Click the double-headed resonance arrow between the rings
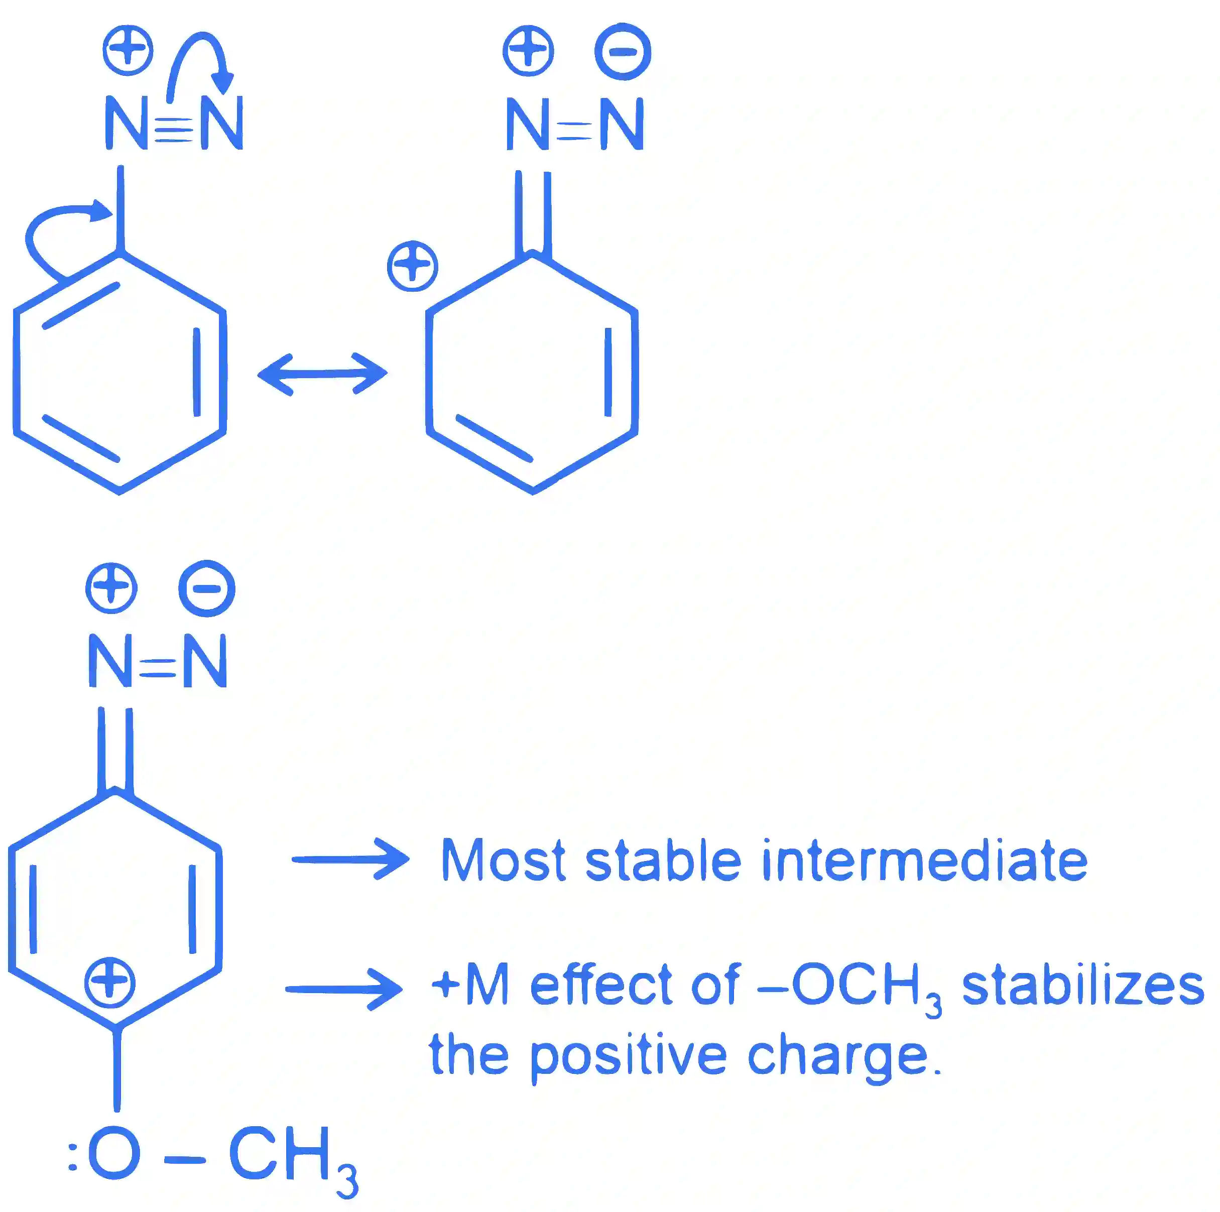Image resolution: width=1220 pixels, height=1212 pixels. click(322, 374)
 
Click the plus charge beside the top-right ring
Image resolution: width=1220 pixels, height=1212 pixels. click(412, 266)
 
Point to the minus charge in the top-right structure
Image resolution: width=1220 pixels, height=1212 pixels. click(623, 52)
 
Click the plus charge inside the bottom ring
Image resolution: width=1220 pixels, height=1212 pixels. click(110, 982)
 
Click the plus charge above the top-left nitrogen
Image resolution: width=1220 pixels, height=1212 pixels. click(128, 51)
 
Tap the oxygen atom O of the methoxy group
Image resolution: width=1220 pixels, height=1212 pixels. click(114, 1153)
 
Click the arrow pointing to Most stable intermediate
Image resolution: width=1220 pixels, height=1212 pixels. click(350, 859)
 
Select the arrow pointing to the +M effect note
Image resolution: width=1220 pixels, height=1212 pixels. click(344, 989)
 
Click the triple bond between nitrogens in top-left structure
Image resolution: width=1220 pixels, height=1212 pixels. click(174, 130)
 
